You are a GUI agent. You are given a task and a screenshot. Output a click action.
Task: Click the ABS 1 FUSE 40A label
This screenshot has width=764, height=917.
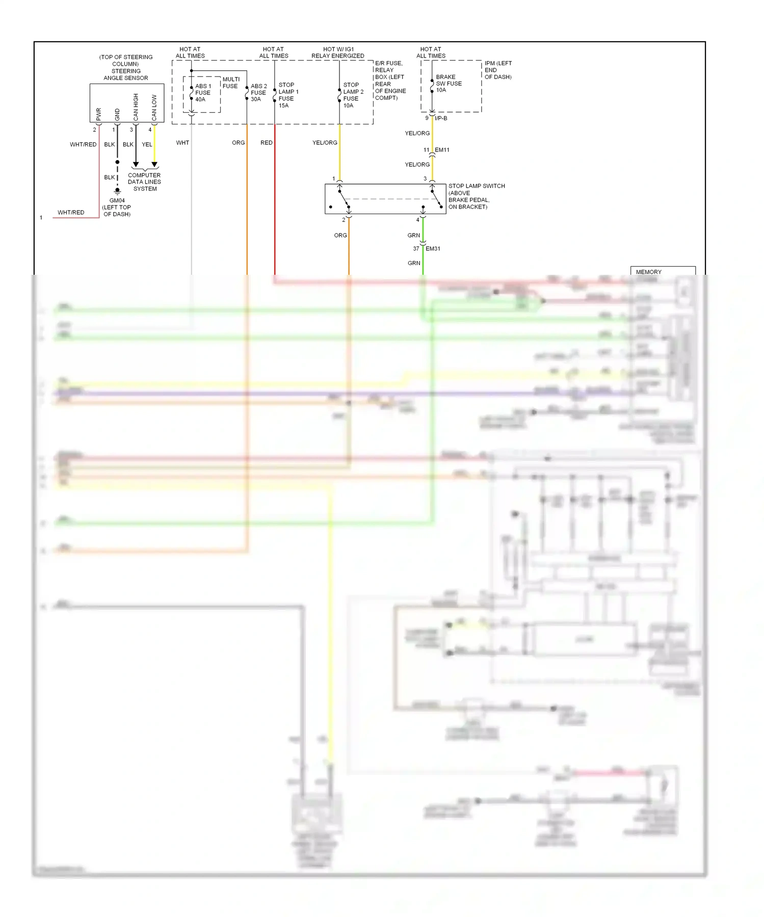202,93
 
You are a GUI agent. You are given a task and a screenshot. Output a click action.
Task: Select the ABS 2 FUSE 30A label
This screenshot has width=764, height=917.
258,93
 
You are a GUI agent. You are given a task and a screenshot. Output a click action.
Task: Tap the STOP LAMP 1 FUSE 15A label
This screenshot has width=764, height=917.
288,95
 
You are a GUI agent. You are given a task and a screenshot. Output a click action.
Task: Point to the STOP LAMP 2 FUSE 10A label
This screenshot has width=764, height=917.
353,95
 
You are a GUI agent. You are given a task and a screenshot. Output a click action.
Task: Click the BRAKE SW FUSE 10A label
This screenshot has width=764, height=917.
448,84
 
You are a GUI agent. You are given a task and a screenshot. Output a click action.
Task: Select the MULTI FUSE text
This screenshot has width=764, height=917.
230,83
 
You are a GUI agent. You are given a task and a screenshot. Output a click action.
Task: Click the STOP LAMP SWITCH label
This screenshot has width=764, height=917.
476,186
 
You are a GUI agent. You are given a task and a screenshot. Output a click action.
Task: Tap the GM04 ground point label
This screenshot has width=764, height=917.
117,200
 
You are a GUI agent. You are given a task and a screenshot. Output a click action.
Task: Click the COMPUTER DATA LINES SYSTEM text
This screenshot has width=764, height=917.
144,182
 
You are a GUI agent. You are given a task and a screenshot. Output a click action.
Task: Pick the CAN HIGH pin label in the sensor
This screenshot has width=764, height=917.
136,107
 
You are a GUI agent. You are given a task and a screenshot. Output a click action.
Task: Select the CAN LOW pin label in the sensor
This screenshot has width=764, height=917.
154,108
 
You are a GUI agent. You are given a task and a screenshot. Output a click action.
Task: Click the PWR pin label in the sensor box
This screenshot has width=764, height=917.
99,114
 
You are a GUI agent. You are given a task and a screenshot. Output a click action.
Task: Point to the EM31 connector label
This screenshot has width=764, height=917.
433,249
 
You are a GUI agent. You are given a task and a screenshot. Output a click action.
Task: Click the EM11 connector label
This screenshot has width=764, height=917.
442,150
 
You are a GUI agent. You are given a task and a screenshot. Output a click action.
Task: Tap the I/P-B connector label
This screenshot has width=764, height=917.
441,118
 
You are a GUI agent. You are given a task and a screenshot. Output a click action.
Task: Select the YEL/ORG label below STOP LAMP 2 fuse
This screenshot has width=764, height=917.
325,143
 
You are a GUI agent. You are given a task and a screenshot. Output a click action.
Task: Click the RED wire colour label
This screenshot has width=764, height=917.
266,143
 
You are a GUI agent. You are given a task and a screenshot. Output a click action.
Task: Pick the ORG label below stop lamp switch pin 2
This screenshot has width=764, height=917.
340,235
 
